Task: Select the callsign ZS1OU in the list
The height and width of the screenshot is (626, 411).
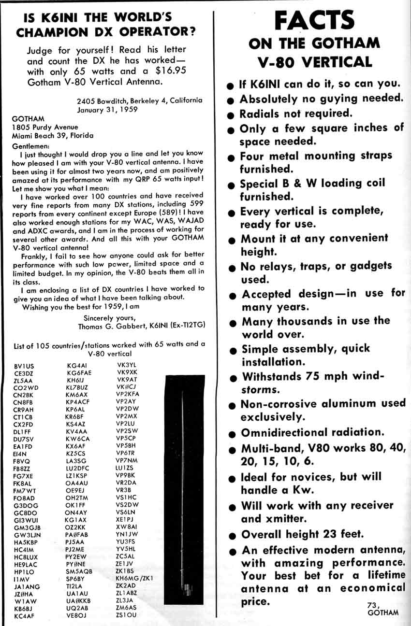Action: (126, 614)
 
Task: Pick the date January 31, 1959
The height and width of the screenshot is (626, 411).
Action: (108, 109)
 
